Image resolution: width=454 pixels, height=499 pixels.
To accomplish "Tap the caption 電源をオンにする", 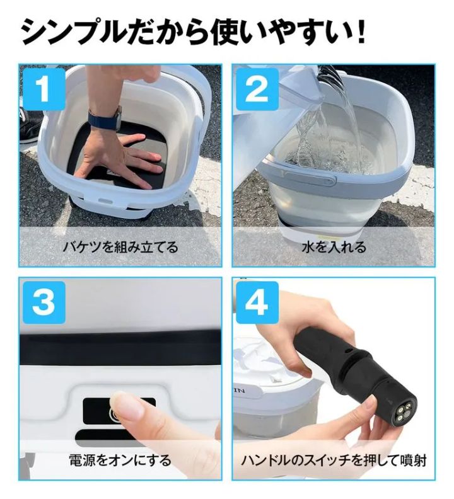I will point(120,460).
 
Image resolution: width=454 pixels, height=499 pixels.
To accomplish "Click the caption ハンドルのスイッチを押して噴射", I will point(334,460).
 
